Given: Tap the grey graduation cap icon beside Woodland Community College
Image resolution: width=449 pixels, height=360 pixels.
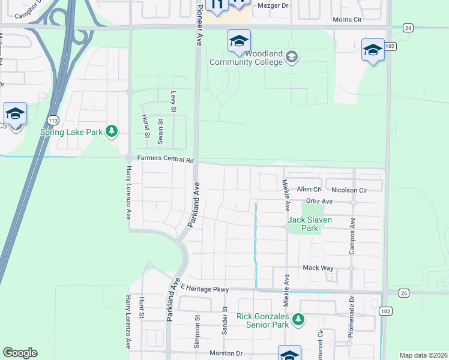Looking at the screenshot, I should [292, 58].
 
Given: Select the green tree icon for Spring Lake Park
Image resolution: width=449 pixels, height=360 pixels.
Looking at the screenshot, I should [111, 131].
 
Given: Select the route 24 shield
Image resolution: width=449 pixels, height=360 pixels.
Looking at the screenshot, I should [408, 28].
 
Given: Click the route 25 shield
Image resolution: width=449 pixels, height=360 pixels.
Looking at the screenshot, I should [403, 292].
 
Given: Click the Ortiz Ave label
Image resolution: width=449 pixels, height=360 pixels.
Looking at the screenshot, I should [319, 201].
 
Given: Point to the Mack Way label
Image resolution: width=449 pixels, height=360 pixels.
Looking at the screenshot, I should [318, 268].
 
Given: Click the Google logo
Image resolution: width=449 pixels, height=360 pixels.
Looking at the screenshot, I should [20, 353].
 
